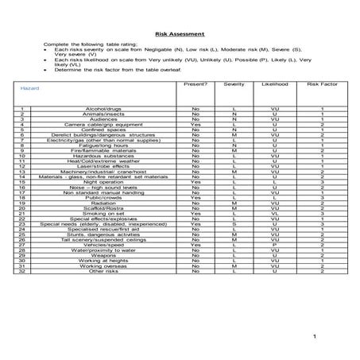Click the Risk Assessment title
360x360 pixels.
pyautogui.click(x=180, y=34)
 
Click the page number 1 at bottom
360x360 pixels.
pyautogui.click(x=315, y=337)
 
